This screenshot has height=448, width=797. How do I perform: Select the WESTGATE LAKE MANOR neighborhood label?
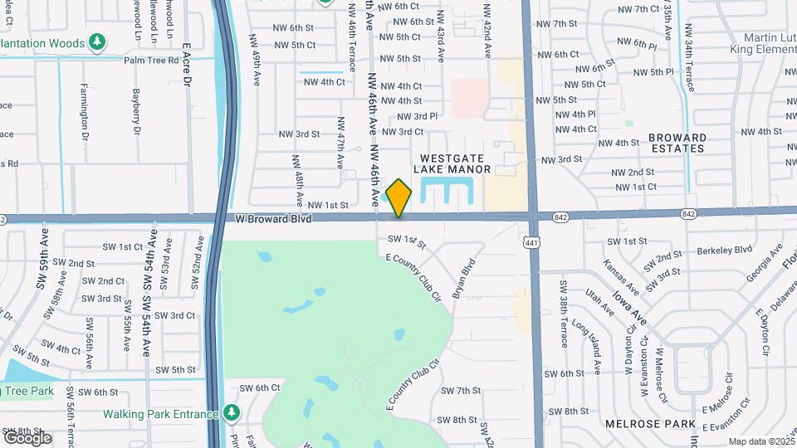coord(456,163)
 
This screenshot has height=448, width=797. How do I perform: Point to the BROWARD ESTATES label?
coord(677,143)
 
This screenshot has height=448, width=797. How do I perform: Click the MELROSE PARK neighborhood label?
coord(661,424)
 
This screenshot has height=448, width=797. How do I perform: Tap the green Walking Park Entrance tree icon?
coord(231,414)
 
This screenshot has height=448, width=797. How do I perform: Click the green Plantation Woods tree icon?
coord(97,42)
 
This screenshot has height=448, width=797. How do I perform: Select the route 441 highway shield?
coord(531,241)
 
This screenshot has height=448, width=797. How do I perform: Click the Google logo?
coord(27,437)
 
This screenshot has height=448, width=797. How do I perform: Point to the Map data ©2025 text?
coord(761,441)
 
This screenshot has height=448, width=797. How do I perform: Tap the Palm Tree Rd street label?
coord(151,61)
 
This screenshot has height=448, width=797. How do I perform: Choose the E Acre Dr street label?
coord(187,66)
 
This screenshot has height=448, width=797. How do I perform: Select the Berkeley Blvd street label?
coord(724,249)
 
